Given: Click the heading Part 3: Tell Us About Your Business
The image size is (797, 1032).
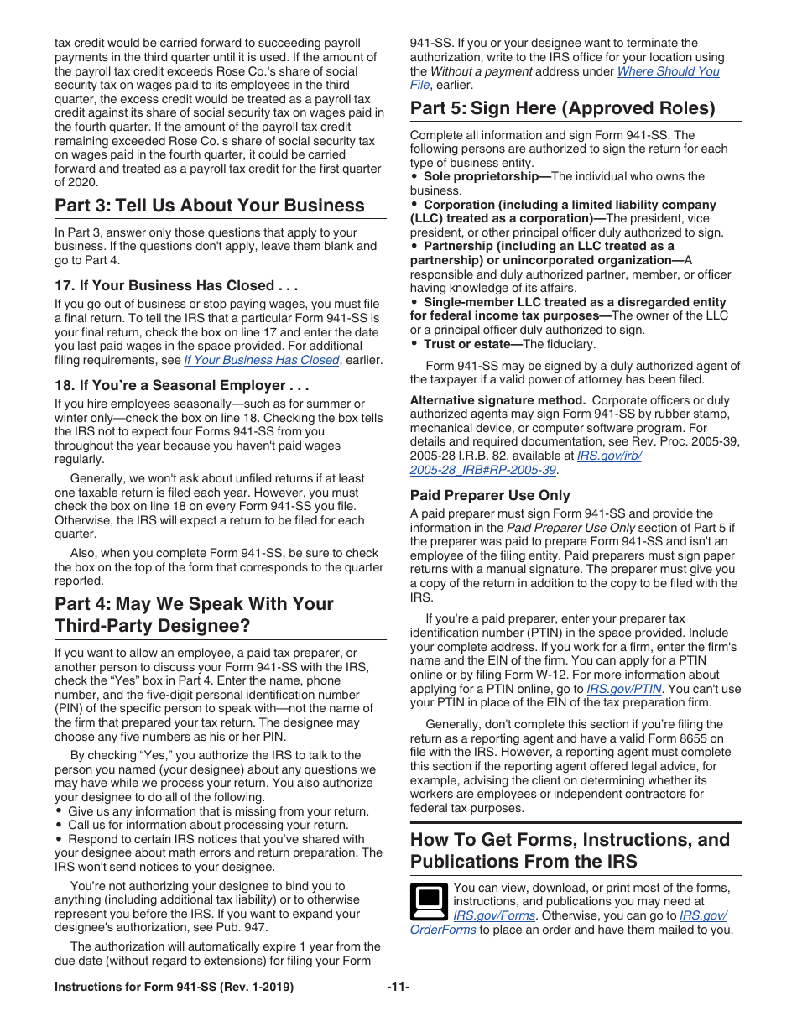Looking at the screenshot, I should click(209, 206).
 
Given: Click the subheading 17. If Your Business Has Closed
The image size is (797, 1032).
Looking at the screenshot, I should click(176, 285).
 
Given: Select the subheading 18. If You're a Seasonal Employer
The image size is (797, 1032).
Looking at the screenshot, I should click(182, 385).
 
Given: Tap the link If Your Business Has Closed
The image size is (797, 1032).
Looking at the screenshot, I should click(261, 360).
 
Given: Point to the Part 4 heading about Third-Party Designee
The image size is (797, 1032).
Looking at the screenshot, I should click(194, 615).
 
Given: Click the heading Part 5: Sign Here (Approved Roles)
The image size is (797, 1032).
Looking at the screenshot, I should click(562, 108).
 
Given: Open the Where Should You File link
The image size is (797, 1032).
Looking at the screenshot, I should click(668, 71).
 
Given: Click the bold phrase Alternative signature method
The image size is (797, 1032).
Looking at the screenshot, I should click(497, 400).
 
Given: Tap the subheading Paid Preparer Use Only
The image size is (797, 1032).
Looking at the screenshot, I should click(490, 495).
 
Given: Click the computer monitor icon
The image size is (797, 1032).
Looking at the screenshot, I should click(429, 901).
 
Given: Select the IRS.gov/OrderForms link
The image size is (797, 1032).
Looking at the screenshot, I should click(443, 930).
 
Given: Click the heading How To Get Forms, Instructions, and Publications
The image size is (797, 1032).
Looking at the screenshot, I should click(570, 850).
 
